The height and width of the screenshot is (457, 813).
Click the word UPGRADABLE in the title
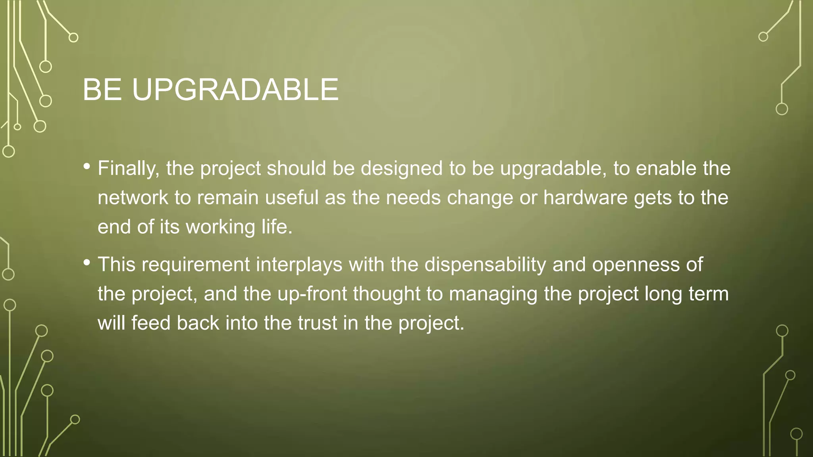[235, 90]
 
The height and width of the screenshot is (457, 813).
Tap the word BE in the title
[102, 90]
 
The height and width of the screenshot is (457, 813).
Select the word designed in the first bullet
[402, 169]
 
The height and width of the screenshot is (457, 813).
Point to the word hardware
[585, 198]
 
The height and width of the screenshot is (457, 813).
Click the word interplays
[299, 265]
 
